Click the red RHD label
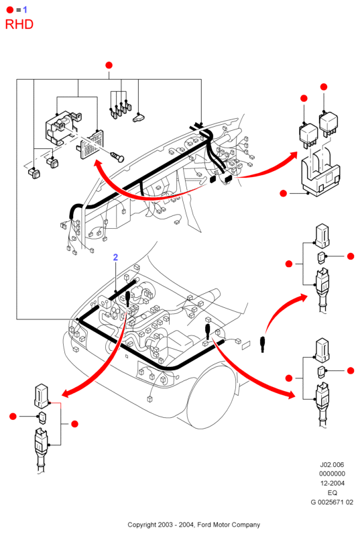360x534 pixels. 19,25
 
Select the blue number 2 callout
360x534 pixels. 115,257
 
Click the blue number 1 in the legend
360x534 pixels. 25,9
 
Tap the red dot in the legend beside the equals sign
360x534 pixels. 10,10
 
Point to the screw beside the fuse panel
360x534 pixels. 117,157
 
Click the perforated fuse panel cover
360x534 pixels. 91,144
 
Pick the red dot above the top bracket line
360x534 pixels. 109,65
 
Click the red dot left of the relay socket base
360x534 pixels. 283,193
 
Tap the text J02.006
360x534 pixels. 332,464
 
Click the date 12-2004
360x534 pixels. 332,483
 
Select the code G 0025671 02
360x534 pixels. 332,502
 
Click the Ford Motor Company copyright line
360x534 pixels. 194,525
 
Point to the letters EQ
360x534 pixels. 332,493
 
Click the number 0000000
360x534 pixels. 332,474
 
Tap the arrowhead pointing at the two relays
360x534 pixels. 292,158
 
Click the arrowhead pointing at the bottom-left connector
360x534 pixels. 68,392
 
